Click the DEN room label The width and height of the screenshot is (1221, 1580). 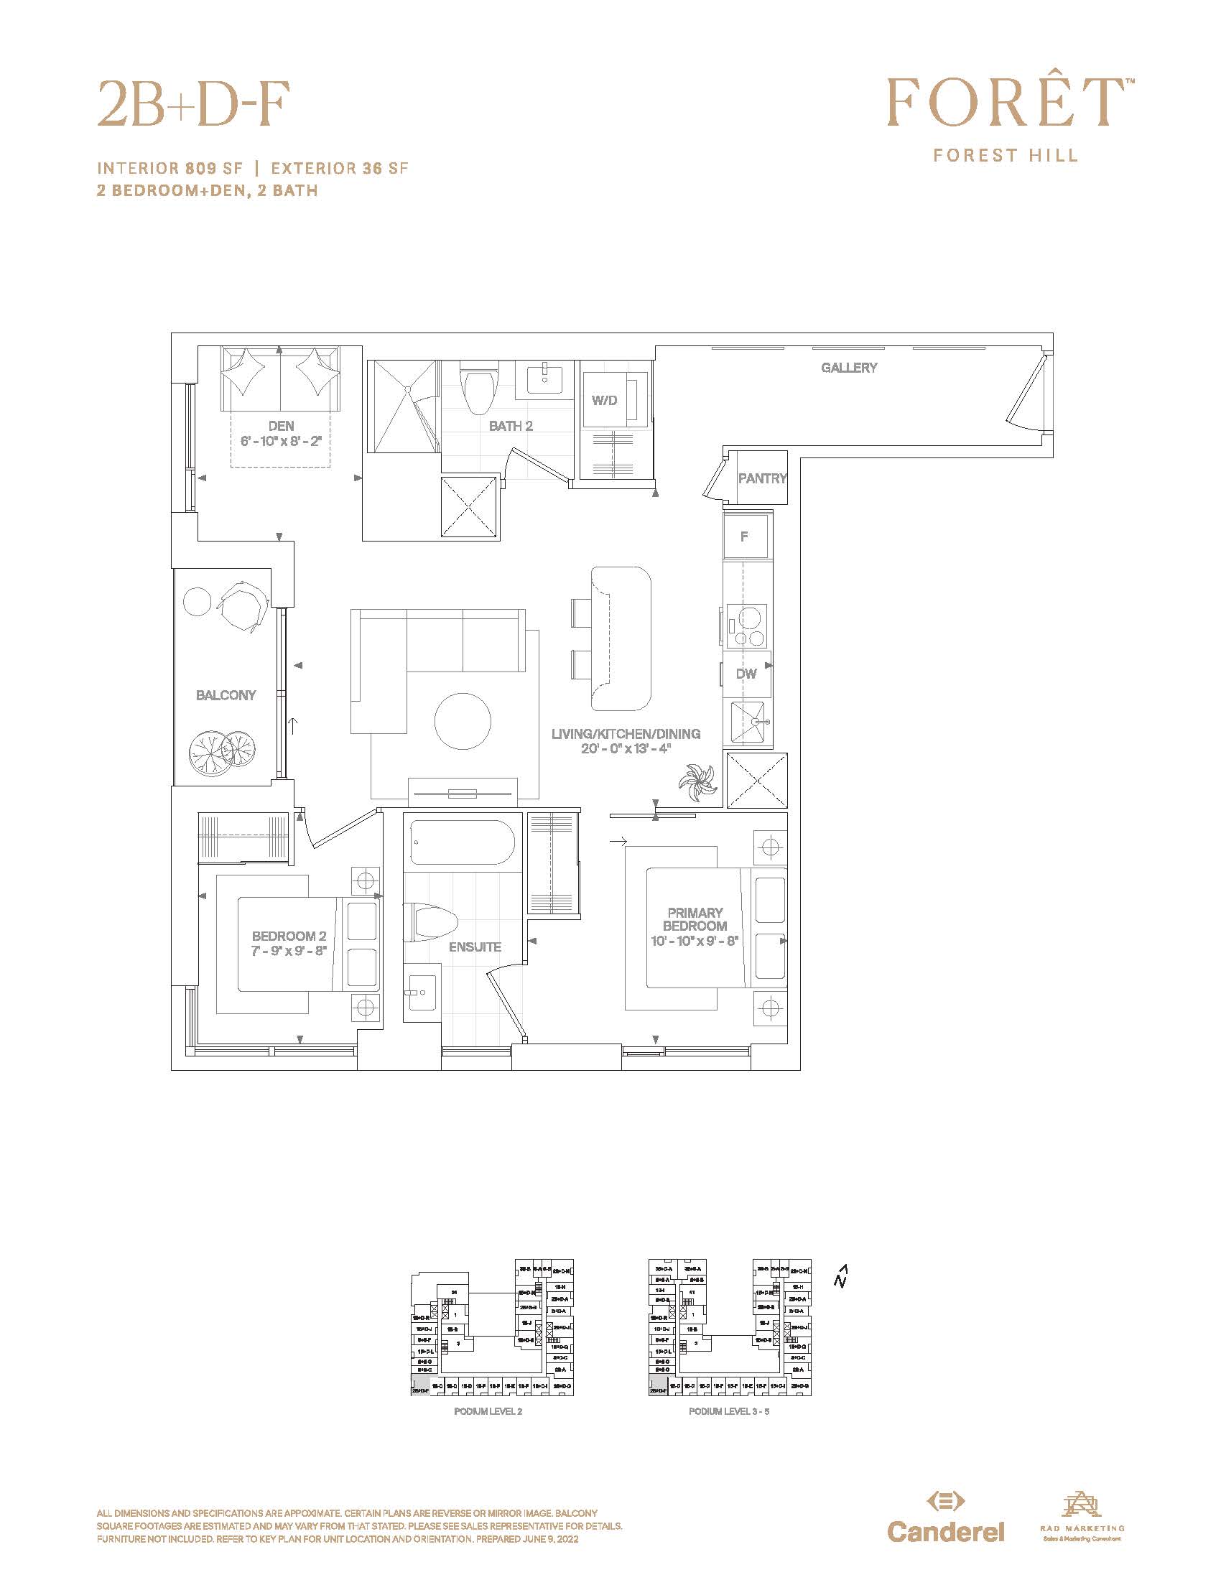(x=281, y=426)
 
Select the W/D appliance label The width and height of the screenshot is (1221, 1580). (x=604, y=400)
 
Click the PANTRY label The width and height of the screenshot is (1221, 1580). (x=761, y=478)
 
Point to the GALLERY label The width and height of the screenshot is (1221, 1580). (x=848, y=368)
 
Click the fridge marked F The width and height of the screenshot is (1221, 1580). (x=745, y=536)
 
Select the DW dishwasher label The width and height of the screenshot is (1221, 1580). (x=746, y=674)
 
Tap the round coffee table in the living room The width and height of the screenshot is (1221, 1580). (x=463, y=720)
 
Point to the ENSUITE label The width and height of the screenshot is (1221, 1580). (x=475, y=947)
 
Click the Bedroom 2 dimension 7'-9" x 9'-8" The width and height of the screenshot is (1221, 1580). (x=289, y=951)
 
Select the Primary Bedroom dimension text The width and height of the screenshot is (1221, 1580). (x=695, y=941)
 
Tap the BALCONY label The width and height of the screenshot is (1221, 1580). (x=226, y=695)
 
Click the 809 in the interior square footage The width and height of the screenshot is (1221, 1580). (x=200, y=169)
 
